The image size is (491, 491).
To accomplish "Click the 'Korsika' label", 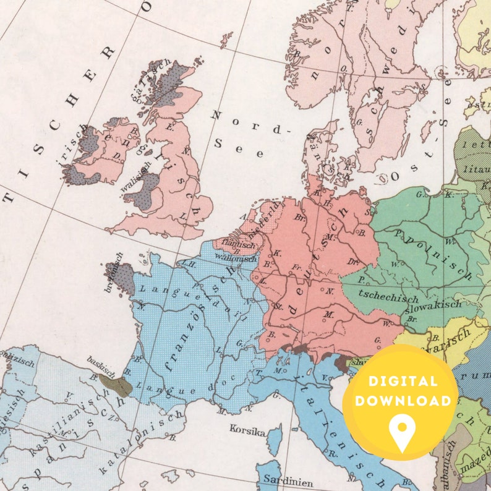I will (x=247, y=428).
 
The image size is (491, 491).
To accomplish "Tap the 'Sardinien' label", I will (x=280, y=480).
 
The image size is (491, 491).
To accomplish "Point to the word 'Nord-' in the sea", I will (x=250, y=122).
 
